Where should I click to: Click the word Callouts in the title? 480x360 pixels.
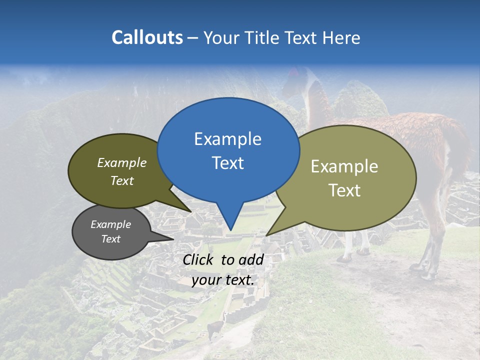pos(147,37)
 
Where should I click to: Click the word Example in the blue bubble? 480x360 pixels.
pos(228,139)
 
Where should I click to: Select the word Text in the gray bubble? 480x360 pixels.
pos(111,239)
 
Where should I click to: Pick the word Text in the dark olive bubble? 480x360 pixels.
pos(122,180)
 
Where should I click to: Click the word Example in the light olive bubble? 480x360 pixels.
pos(344,166)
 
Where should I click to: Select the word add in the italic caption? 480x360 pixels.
pos(251,259)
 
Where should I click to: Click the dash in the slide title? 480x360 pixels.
pos(193,38)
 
